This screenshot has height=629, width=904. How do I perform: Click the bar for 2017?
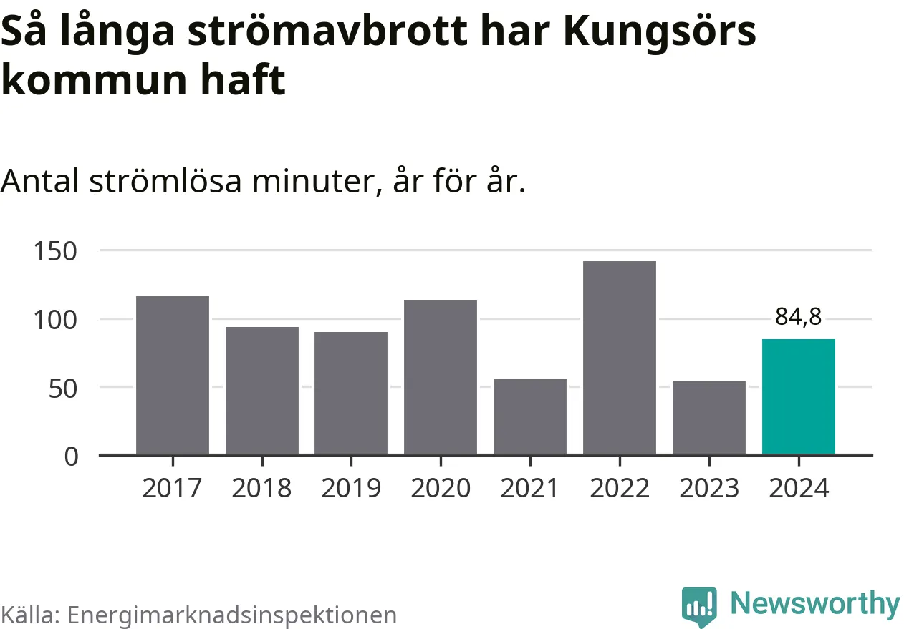point(173,375)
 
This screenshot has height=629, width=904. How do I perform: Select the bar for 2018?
point(261,391)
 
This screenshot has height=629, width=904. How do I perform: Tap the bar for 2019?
point(351,393)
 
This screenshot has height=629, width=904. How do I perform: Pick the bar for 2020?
point(441,377)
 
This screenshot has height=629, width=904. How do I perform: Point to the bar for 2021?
point(530,416)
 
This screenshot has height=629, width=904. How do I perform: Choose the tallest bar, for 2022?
point(620,358)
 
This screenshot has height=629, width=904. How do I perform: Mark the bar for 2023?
point(709,418)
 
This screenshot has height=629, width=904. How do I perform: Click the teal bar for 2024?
point(799,397)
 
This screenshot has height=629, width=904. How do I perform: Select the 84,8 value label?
point(799,317)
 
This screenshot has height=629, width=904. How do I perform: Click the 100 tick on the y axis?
point(55,319)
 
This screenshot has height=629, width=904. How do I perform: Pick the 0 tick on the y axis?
point(71,456)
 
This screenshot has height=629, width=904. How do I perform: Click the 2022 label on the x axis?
point(620,488)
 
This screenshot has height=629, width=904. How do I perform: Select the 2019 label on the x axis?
point(351,488)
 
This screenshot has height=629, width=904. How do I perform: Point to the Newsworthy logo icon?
point(699,606)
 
